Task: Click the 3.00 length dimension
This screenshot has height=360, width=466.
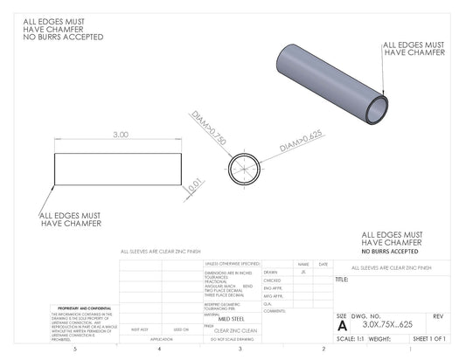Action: (121, 135)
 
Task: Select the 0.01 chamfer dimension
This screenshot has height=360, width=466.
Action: (196, 183)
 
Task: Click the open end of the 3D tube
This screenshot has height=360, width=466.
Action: (376, 110)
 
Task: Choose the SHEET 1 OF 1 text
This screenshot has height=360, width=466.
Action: (428, 338)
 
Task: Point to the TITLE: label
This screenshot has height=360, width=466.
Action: (342, 280)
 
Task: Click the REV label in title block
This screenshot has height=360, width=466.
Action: (438, 315)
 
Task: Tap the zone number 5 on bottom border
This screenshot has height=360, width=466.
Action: (75, 350)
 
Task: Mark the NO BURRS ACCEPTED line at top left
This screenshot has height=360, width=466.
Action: (63, 38)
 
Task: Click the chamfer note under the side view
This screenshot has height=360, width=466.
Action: (71, 218)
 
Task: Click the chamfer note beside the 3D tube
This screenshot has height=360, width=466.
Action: (414, 47)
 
